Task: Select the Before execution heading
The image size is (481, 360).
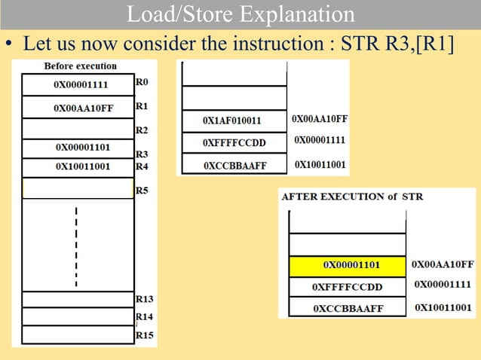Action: [x=81, y=66]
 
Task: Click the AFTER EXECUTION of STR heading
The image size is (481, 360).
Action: [x=352, y=197]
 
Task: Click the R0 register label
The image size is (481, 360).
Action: [x=142, y=79]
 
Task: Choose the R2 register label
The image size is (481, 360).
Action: [x=142, y=130]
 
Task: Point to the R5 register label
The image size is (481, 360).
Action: [x=142, y=191]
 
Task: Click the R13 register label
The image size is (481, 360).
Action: [x=144, y=299]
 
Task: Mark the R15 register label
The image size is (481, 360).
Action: [x=144, y=334]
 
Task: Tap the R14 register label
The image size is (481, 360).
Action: [x=144, y=316]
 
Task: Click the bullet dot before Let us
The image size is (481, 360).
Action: [x=11, y=45]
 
